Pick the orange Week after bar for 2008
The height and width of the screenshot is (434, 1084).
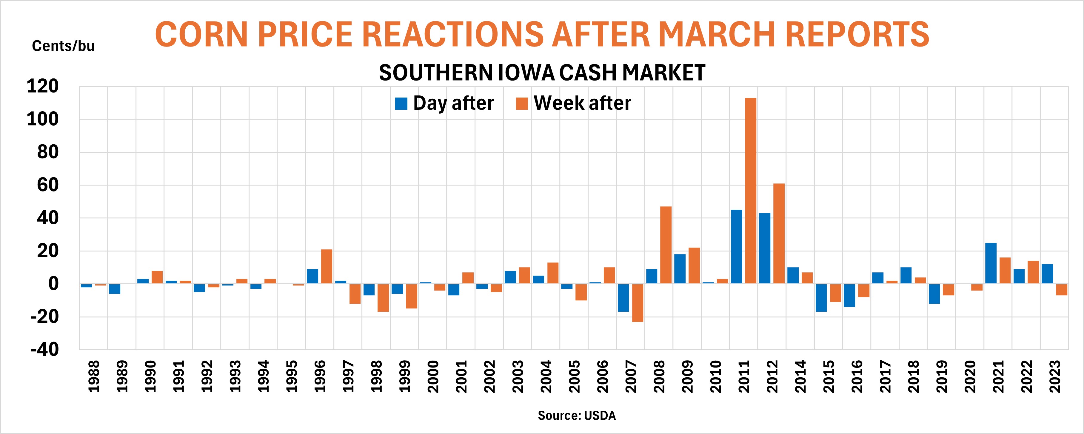coord(666,245)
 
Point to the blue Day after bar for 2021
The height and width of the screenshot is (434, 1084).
coord(991,263)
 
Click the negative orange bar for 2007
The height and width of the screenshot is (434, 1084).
coord(638,303)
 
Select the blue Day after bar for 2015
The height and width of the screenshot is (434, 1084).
coord(821,298)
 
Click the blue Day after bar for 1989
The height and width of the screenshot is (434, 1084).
coord(115,289)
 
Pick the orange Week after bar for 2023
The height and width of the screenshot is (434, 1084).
coord(1062,289)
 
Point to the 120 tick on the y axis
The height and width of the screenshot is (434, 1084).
coord(42,87)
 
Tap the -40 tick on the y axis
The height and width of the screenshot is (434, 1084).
coord(44,350)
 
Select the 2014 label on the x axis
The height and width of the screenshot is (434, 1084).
coord(800,376)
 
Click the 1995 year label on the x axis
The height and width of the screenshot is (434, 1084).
coord(291,376)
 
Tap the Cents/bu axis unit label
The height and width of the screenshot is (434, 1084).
coord(63,46)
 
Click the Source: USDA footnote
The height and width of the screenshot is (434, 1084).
coord(577,416)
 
